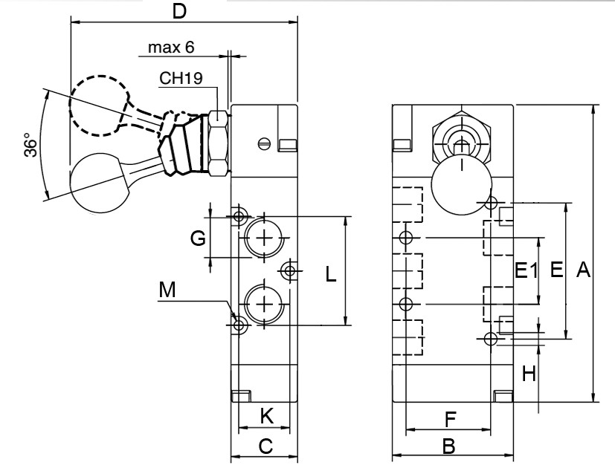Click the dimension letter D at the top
click(178, 12)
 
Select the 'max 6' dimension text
click(170, 48)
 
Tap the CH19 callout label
click(181, 79)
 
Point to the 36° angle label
click(29, 146)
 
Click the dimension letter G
click(197, 238)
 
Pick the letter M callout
click(169, 292)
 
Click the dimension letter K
click(265, 417)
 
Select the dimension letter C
click(265, 446)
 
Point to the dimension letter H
click(528, 374)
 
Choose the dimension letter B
click(448, 446)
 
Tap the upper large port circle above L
click(264, 238)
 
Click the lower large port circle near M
click(264, 304)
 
